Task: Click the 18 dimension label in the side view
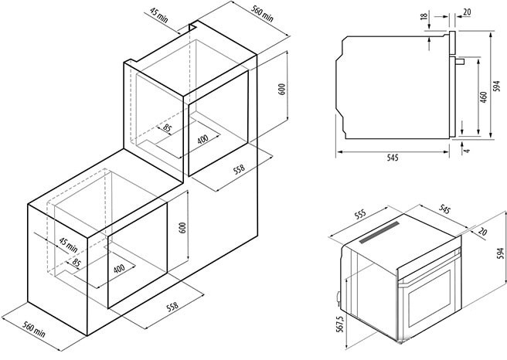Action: (x=424, y=15)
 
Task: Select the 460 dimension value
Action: (x=483, y=97)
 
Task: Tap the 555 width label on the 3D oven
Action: (x=360, y=214)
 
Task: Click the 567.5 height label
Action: (x=339, y=324)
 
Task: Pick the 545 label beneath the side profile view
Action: (x=393, y=158)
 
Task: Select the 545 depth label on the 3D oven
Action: (x=444, y=209)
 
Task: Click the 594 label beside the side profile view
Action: (x=497, y=86)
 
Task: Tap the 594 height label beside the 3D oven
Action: (x=501, y=253)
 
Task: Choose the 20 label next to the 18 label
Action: (x=467, y=12)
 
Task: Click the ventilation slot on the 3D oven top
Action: (x=379, y=232)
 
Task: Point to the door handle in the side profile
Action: (x=460, y=61)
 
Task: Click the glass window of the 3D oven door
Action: (x=430, y=298)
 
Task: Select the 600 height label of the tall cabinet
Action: (x=282, y=89)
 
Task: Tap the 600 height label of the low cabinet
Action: (x=182, y=228)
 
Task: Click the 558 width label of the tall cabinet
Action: (x=240, y=169)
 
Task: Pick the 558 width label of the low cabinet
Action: (x=172, y=307)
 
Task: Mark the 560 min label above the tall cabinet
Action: (x=263, y=14)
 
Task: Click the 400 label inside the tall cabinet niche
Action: (x=202, y=139)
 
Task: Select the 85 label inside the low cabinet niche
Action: (x=76, y=263)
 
